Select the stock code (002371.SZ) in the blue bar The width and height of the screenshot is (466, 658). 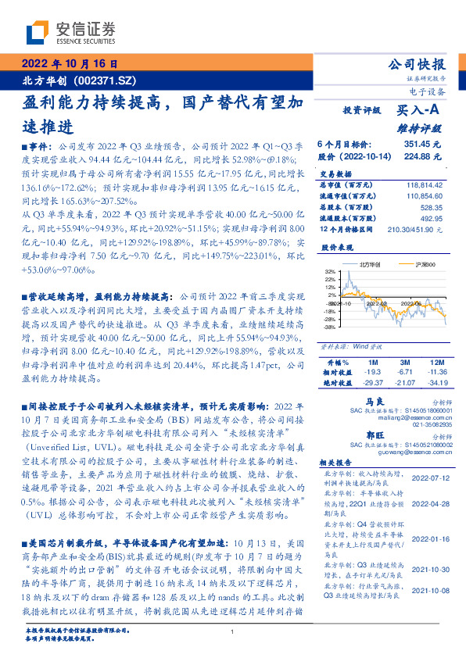click(x=105, y=80)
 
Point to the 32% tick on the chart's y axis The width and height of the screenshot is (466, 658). click(x=329, y=273)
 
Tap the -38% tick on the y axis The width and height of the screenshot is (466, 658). click(x=328, y=327)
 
